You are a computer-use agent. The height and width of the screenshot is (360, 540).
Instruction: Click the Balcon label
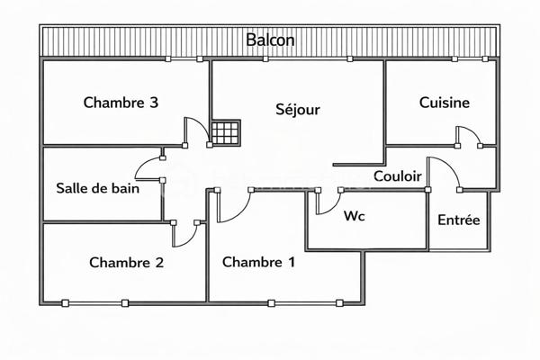coord(270,40)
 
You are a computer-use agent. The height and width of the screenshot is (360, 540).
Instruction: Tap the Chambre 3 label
coord(121,103)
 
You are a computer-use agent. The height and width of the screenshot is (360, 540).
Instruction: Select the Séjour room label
coord(297,109)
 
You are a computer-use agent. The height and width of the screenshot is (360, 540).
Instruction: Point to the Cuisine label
coord(444,103)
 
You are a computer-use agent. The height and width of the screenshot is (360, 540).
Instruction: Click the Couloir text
coord(397,176)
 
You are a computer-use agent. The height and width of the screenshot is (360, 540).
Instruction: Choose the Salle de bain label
coord(97,188)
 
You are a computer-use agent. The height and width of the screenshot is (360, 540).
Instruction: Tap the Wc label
coord(354,216)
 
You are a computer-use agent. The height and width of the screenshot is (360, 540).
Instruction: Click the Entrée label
coord(458,220)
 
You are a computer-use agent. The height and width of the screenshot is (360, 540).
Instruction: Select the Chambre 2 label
coord(126,263)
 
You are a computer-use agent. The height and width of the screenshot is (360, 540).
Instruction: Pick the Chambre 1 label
coord(258,263)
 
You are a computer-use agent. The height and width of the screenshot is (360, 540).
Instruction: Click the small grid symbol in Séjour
coord(226,132)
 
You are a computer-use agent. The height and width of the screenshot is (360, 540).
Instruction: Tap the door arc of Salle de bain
coord(147,168)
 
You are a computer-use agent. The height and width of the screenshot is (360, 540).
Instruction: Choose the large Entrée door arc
coord(444,171)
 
